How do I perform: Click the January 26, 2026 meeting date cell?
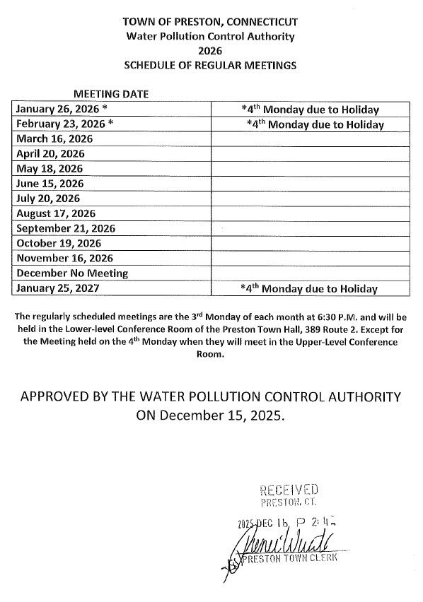(62, 110)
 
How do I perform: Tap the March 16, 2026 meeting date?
(54, 139)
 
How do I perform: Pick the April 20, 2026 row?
(50, 154)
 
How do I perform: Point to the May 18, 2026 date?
(49, 169)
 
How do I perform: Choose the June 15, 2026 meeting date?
(50, 184)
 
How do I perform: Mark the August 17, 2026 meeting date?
(56, 213)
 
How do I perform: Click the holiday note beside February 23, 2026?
(315, 124)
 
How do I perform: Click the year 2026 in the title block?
(210, 50)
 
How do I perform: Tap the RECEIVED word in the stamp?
(289, 490)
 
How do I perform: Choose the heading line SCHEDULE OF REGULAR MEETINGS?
(210, 65)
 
